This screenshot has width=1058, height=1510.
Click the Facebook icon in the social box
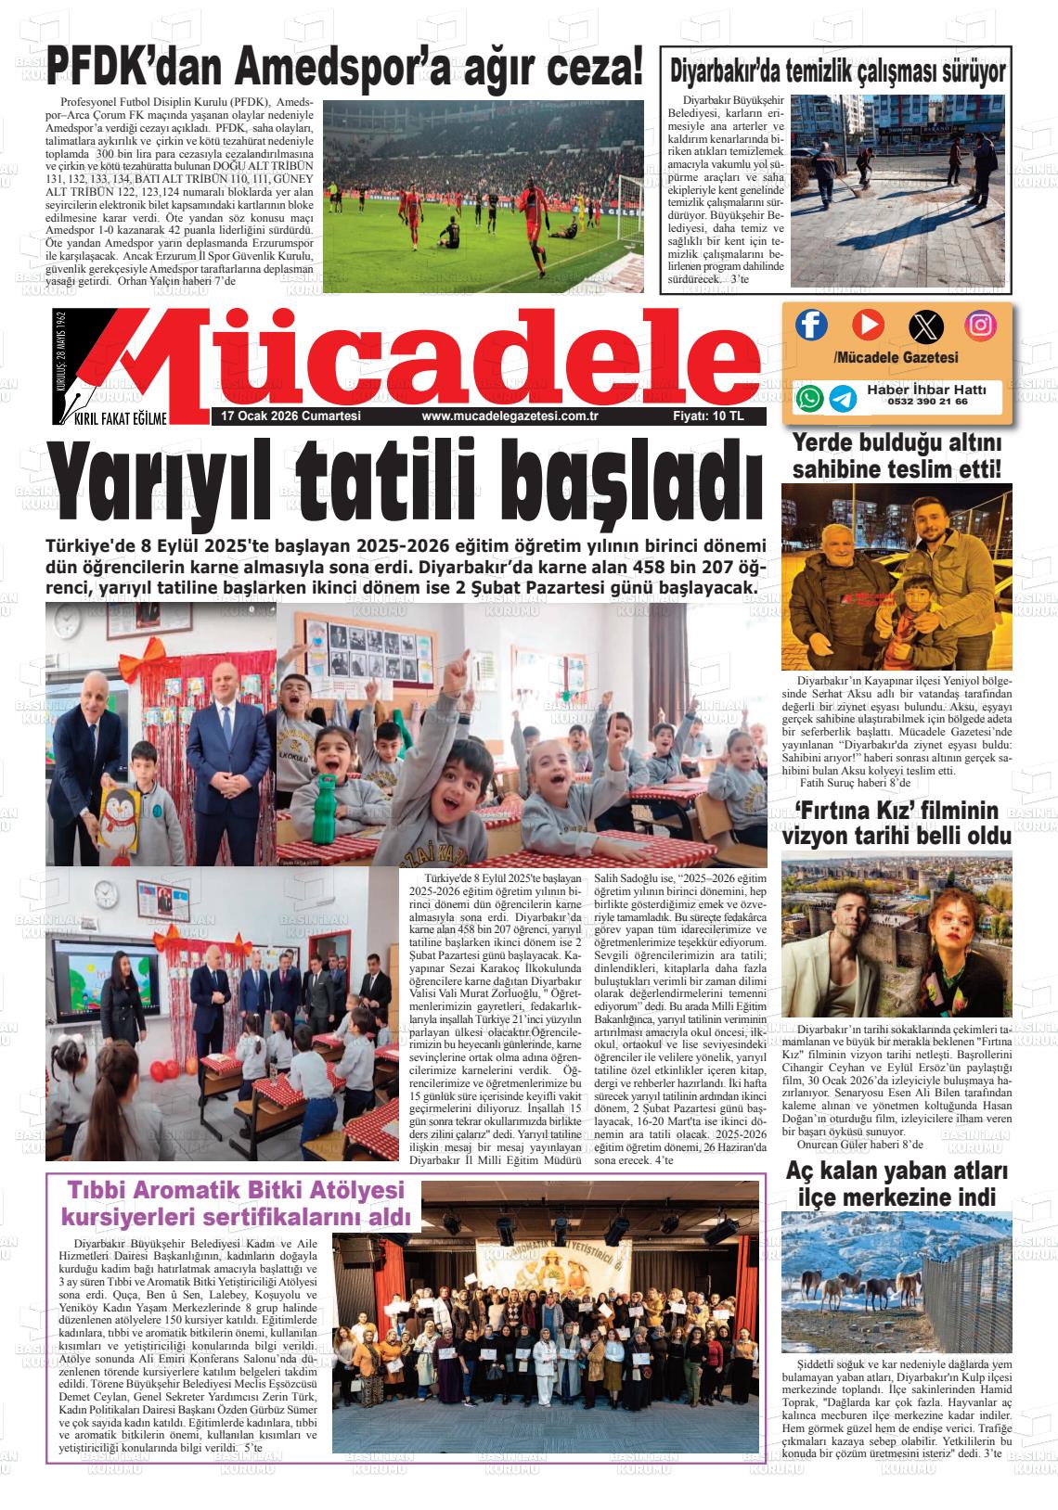(811, 325)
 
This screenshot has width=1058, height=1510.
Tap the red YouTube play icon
(868, 325)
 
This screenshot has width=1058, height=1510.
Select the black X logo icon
(924, 326)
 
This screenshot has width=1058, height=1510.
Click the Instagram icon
(981, 325)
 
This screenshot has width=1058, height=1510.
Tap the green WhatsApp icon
(809, 398)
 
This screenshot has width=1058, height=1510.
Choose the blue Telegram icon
(843, 398)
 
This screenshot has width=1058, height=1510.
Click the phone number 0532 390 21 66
(927, 403)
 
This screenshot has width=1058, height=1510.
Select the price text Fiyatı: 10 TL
(708, 417)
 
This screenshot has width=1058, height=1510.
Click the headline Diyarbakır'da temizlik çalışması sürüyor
(838, 70)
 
